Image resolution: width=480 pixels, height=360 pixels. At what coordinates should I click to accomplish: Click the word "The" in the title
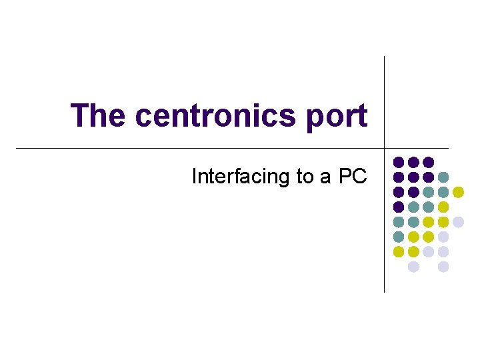(99, 115)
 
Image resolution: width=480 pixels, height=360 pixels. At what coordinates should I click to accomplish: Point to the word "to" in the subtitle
(304, 177)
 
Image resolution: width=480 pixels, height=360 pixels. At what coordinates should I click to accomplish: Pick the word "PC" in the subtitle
(353, 177)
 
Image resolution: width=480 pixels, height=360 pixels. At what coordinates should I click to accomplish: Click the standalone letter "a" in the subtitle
(327, 177)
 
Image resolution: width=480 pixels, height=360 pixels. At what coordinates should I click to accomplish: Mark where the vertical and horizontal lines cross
(385, 147)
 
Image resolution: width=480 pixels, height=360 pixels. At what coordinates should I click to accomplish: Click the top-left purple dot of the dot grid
(399, 162)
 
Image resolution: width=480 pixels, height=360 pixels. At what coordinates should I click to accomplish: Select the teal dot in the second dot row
(443, 177)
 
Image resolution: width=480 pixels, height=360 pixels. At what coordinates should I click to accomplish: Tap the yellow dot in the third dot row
(458, 192)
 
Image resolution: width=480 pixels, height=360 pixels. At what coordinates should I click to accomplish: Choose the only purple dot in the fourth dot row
(399, 207)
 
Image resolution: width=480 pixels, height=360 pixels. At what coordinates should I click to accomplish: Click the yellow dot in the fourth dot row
(443, 207)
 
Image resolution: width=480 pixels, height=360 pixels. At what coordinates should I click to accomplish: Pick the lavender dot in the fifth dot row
(458, 221)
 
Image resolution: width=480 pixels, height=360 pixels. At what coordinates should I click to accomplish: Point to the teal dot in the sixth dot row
(399, 237)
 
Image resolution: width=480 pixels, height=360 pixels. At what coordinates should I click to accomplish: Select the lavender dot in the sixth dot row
(443, 237)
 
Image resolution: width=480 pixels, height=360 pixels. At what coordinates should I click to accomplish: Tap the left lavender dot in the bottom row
(413, 267)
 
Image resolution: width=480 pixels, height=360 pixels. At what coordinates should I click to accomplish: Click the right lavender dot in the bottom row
(443, 267)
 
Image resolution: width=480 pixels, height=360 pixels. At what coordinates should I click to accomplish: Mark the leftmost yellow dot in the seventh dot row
(399, 251)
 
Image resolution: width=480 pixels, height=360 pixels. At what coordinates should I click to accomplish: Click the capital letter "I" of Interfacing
(194, 177)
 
